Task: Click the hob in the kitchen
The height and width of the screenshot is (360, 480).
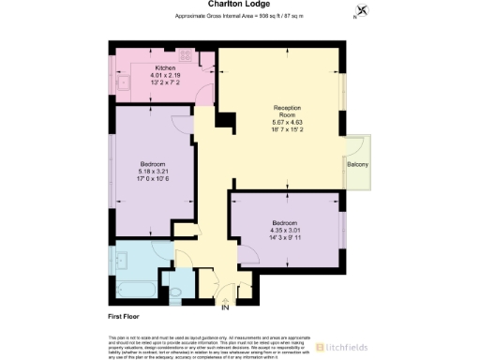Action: point(185,55)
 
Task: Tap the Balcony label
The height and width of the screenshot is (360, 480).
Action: point(357,165)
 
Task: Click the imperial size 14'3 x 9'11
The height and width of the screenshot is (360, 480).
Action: point(282,238)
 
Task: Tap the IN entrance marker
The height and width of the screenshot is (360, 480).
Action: point(225,307)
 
